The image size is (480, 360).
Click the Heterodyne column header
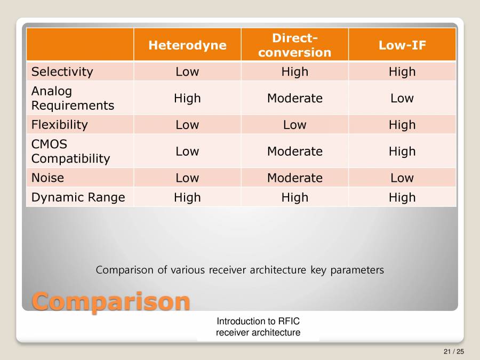[187, 45]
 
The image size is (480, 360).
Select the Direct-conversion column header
[294, 45]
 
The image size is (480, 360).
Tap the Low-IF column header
[402, 45]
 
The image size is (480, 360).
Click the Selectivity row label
[62, 71]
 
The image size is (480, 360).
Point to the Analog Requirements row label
[73, 98]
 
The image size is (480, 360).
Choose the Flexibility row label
[59, 125]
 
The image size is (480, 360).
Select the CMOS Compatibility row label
[70, 151]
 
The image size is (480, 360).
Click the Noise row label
[47, 178]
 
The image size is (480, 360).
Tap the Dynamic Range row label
[78, 197]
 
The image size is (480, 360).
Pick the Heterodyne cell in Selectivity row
[187, 71]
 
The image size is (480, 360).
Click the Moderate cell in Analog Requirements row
[294, 98]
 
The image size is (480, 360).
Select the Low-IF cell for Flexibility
[402, 125]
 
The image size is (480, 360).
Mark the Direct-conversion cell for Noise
[294, 178]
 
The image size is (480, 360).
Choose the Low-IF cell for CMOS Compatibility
[402, 151]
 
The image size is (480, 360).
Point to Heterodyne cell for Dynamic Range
[187, 197]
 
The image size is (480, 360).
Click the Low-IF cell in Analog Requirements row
[402, 98]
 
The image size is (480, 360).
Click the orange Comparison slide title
[111, 301]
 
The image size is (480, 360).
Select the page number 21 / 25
[453, 351]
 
